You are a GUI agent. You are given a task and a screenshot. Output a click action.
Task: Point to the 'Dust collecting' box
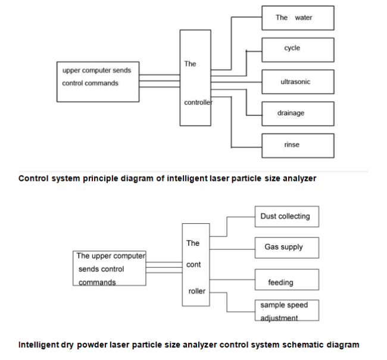click(286, 217)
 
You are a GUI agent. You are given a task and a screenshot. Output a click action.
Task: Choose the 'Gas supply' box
click(286, 247)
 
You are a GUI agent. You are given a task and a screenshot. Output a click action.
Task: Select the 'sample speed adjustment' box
click(286, 311)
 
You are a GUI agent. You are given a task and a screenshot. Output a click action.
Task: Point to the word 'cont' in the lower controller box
click(193, 265)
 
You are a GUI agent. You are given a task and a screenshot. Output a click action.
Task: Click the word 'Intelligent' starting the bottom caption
click(38, 345)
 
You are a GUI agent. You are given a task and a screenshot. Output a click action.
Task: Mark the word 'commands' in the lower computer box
click(97, 282)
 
